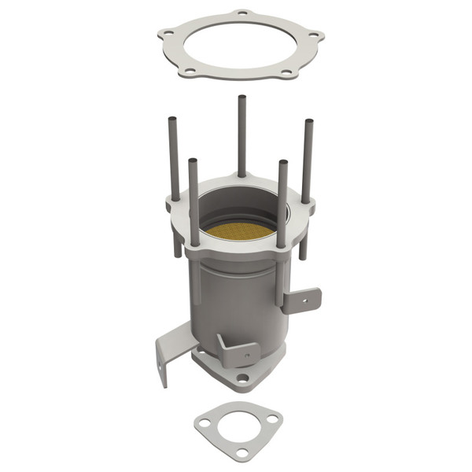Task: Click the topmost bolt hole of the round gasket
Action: tap(242, 13)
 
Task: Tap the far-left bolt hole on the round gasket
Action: tap(168, 33)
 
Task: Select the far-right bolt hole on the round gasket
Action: tap(314, 35)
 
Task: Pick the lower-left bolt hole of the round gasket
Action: tap(190, 70)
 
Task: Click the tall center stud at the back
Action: tap(242, 134)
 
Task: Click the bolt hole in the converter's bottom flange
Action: tap(243, 378)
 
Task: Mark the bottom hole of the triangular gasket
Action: tap(243, 452)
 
